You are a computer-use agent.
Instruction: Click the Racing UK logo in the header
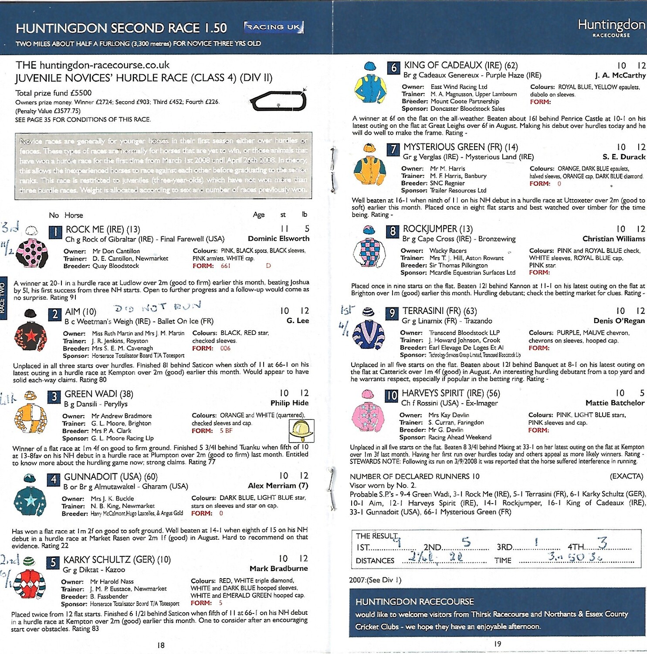274,27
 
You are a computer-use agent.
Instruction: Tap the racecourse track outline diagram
278,101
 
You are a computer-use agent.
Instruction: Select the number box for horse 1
55,232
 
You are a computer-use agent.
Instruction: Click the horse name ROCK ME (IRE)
102,229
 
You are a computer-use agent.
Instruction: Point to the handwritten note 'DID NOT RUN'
157,307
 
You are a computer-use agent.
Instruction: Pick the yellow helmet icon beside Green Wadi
301,431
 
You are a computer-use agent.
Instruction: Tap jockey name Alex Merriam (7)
278,486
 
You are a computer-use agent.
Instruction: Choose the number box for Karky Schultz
53,562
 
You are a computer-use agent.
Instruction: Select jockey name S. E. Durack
623,157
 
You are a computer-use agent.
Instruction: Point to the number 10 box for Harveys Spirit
391,395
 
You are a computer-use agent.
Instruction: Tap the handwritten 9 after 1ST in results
397,542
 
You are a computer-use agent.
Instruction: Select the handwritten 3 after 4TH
602,543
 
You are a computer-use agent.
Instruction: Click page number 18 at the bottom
161,645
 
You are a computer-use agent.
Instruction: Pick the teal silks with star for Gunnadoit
30,501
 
